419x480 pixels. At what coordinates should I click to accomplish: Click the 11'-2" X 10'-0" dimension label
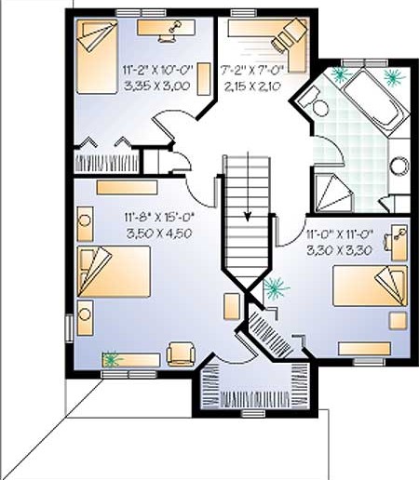[157, 70]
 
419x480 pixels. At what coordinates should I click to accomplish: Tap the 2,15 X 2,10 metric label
[252, 86]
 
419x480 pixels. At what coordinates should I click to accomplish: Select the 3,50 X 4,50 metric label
[159, 233]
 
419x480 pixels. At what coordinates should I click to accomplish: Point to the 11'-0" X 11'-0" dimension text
[339, 233]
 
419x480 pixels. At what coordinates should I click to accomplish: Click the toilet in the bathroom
[314, 101]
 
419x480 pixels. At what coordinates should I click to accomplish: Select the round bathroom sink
[399, 166]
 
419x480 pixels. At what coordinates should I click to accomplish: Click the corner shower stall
[334, 194]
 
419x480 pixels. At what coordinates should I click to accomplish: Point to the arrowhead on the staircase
[248, 216]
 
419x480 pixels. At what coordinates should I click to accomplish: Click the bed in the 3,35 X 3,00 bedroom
[97, 57]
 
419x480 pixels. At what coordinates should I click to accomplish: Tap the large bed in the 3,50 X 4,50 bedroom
[114, 272]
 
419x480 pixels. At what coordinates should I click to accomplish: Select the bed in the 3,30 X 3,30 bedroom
[370, 286]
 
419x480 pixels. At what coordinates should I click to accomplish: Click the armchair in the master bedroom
[181, 353]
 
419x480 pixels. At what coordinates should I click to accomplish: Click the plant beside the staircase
[276, 288]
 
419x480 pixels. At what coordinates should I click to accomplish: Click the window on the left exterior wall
[69, 328]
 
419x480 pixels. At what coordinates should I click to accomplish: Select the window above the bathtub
[365, 62]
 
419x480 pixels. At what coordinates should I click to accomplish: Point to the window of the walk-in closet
[253, 413]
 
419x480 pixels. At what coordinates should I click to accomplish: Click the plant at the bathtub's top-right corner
[395, 76]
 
